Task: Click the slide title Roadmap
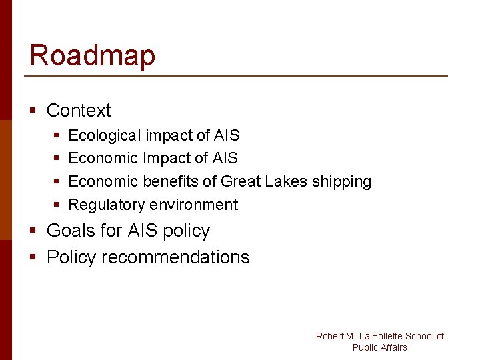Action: (92, 55)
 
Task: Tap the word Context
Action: (79, 111)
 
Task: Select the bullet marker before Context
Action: (33, 111)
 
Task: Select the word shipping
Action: (341, 182)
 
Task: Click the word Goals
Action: (71, 231)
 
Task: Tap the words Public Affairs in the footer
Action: (379, 347)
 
